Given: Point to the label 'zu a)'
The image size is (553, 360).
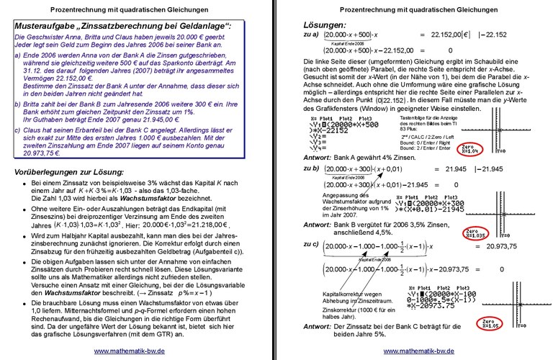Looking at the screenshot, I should (x=311, y=34).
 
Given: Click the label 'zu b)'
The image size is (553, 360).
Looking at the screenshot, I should (x=311, y=168).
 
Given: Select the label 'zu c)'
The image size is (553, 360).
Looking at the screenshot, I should (x=311, y=245).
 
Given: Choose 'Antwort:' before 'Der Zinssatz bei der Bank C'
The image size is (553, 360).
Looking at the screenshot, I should (x=318, y=326).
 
